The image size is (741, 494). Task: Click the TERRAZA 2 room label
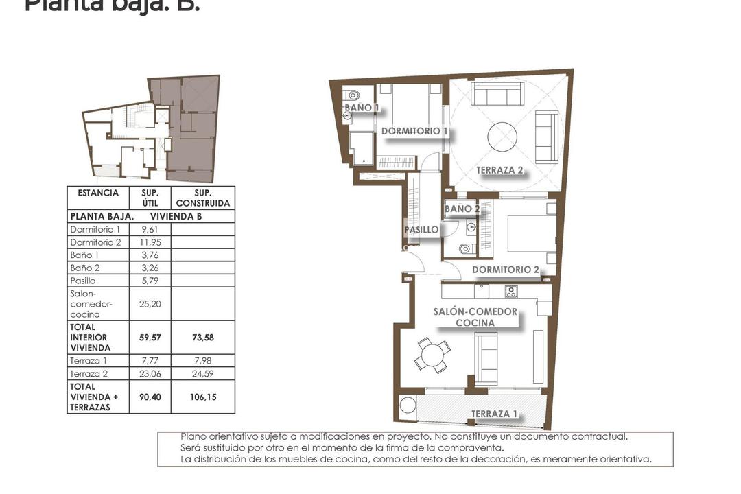point(500,171)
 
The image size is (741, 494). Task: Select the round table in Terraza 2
point(506,137)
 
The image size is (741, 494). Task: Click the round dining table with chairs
point(432,355)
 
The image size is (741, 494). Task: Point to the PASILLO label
point(421,230)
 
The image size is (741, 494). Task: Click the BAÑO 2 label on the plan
point(458,209)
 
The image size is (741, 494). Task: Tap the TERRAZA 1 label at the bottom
point(494,414)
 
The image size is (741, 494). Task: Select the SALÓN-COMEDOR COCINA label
point(475,317)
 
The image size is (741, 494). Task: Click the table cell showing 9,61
point(149,229)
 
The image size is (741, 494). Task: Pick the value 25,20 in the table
point(149,303)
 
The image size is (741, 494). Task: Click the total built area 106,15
point(203,397)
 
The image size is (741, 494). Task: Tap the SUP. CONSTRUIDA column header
point(203,198)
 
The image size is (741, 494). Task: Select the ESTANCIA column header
point(98,193)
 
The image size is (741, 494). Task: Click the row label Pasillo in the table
point(83,281)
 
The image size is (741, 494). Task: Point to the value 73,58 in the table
point(203,338)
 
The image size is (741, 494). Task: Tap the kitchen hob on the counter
point(511,292)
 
